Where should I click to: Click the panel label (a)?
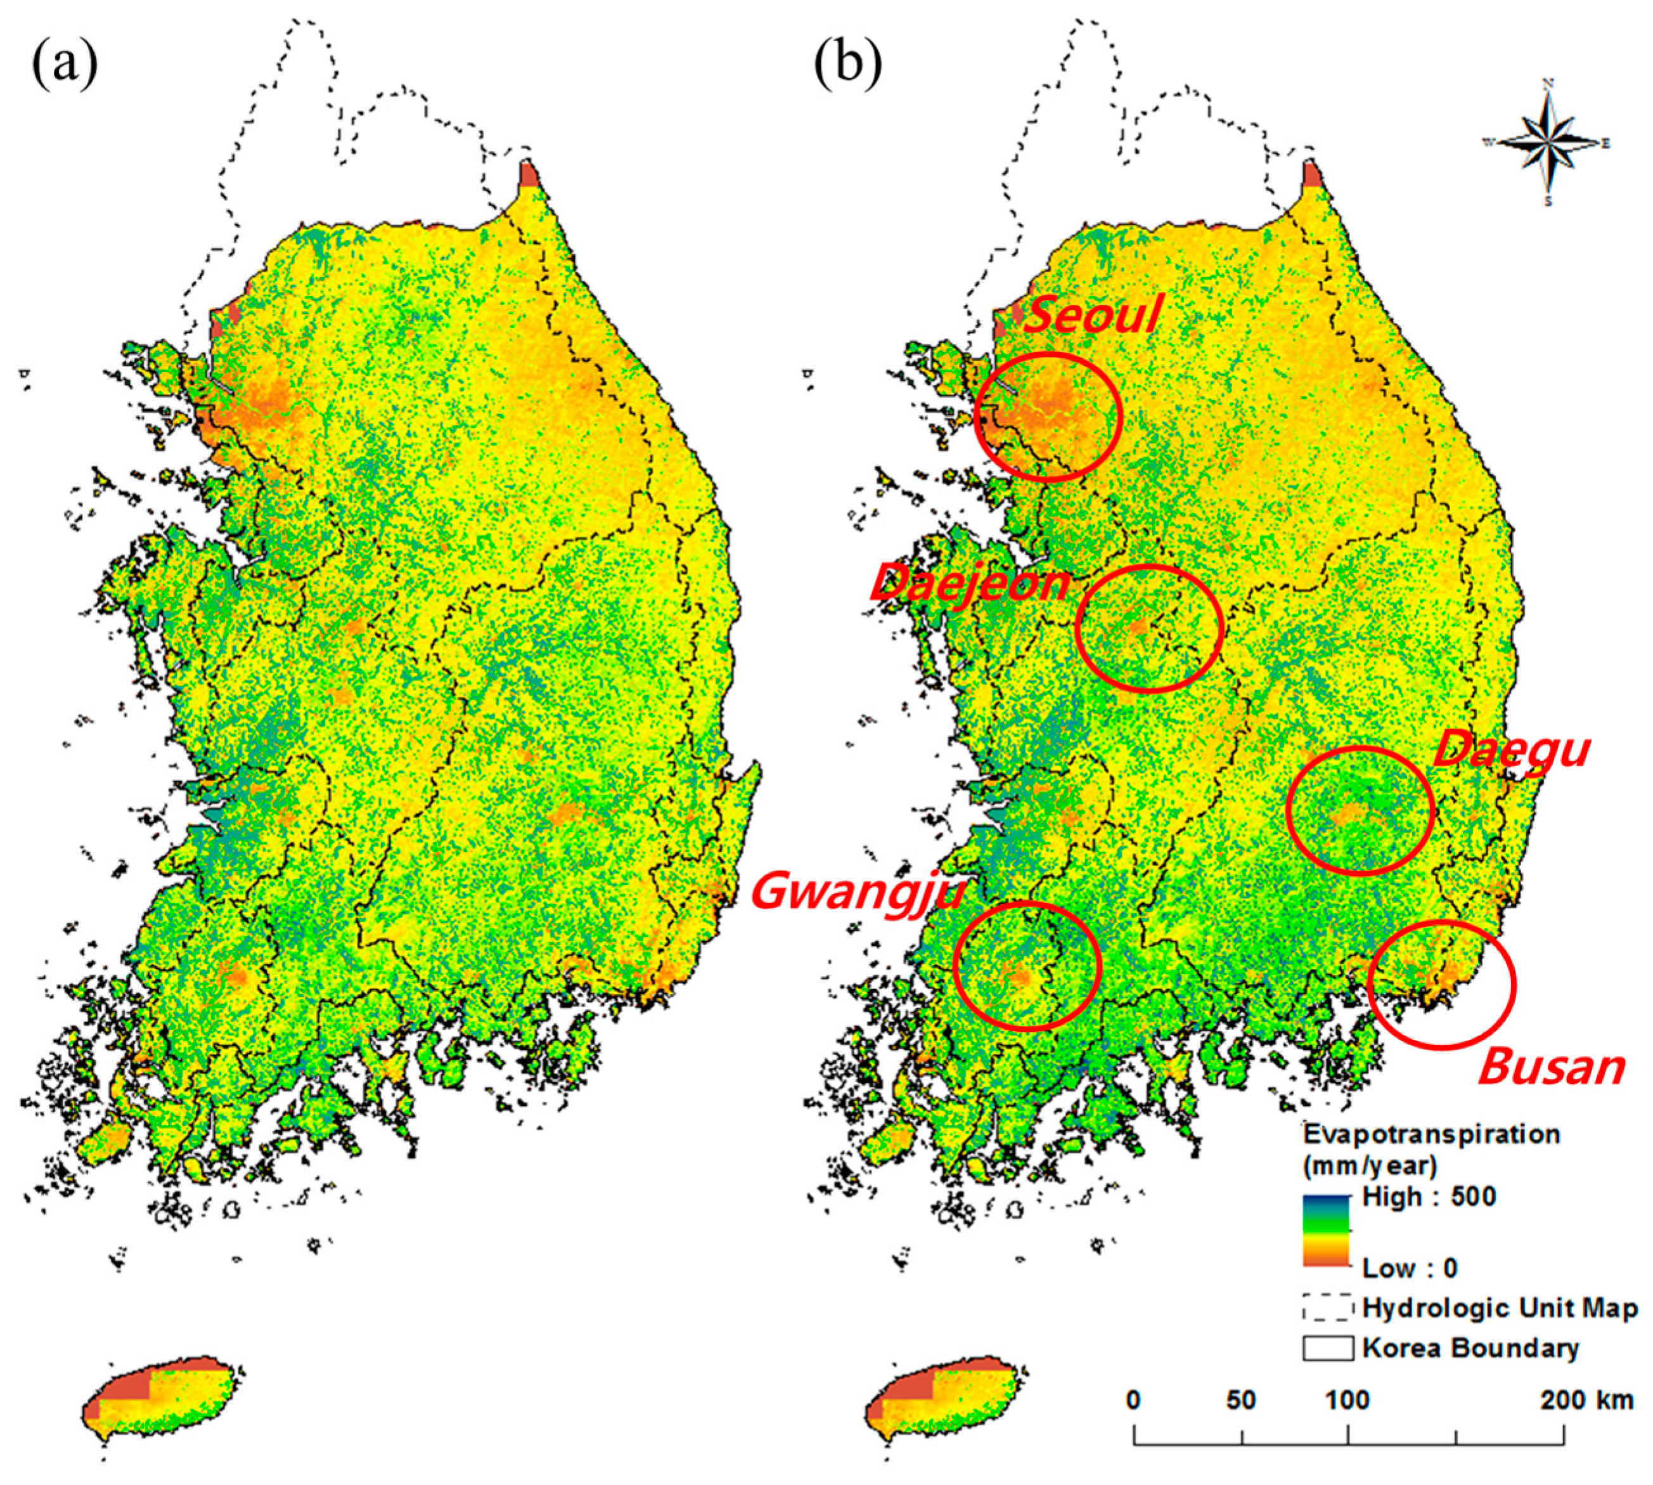(x=65, y=65)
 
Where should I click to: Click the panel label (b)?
(x=847, y=65)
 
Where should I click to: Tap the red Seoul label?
(x=1091, y=315)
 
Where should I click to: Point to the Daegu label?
(x=1510, y=749)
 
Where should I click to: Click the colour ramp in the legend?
(x=1327, y=1231)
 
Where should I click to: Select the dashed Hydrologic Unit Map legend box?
(x=1327, y=1308)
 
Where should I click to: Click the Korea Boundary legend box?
(x=1327, y=1348)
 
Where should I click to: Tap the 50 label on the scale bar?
(x=1240, y=1400)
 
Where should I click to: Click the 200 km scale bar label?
(x=1586, y=1400)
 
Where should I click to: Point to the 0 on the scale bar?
(x=1133, y=1400)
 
